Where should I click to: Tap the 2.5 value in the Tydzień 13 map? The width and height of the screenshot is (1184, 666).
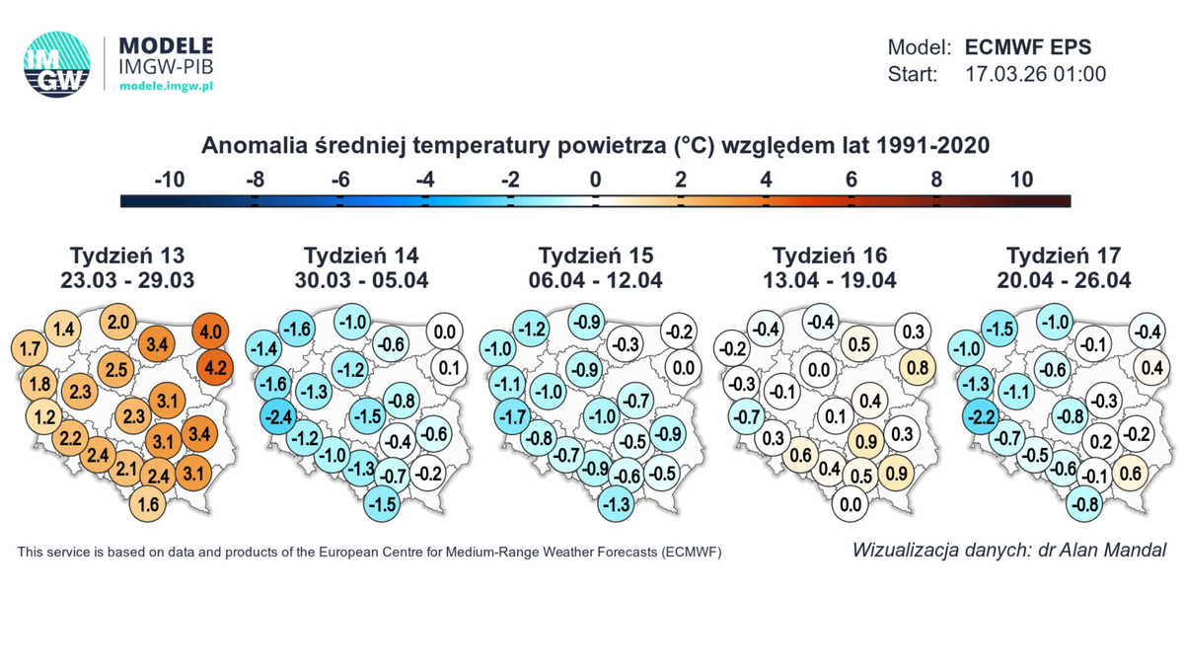tap(116, 370)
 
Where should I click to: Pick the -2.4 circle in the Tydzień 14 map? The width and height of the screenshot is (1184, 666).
tap(280, 417)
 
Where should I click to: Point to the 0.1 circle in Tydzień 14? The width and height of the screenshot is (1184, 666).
tap(448, 369)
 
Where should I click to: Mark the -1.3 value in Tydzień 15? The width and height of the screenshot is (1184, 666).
tap(618, 504)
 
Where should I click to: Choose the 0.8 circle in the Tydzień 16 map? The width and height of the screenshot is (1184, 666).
tap(916, 369)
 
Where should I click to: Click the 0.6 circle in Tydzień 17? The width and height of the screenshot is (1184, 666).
tap(1131, 475)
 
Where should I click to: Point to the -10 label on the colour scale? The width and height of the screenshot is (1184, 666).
tap(170, 180)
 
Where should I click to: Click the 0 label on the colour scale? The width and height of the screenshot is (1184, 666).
tap(595, 180)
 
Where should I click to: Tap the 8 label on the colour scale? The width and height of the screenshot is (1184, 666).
tap(936, 180)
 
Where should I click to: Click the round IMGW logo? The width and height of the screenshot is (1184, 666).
tap(56, 63)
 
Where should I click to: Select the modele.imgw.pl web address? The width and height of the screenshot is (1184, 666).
tap(166, 86)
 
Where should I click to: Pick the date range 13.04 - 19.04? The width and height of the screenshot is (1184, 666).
tap(829, 280)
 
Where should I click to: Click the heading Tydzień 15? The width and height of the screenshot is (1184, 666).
tap(595, 256)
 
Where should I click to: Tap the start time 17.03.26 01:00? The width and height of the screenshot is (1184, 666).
tap(1035, 74)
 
